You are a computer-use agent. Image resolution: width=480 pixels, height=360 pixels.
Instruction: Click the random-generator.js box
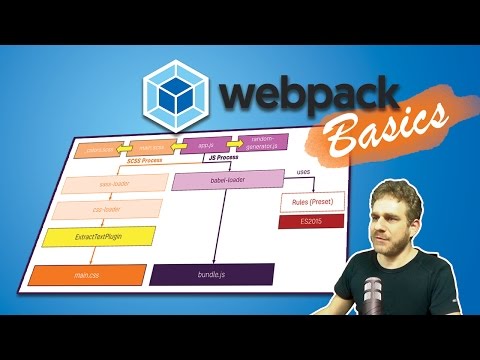264,143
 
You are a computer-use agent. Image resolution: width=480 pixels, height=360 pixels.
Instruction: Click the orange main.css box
75,274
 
